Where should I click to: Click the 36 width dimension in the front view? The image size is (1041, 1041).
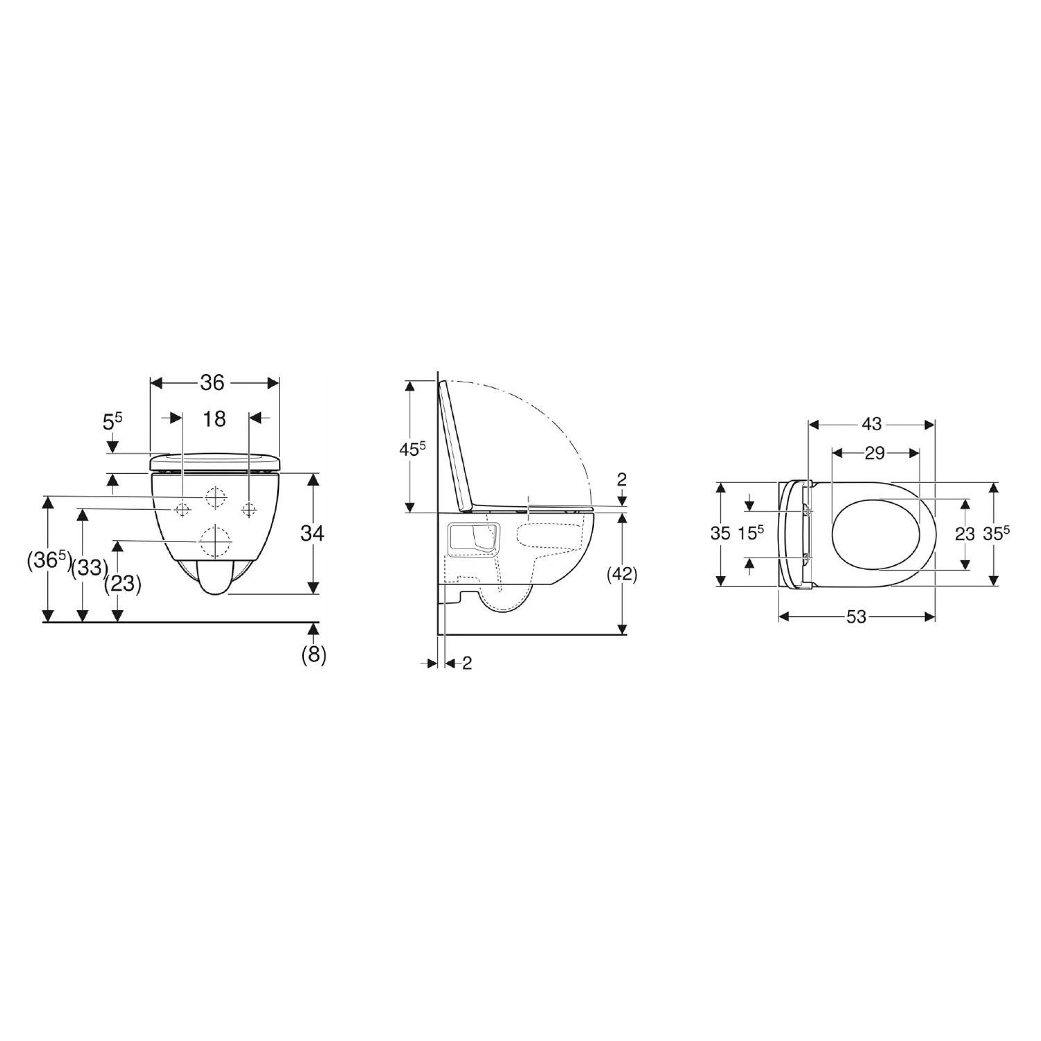click(212, 382)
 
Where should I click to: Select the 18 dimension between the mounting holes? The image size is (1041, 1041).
click(214, 418)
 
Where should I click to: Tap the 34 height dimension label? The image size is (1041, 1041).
click(312, 533)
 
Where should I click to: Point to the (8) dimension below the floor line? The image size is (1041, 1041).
click(314, 655)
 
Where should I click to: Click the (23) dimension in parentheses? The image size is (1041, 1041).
click(123, 584)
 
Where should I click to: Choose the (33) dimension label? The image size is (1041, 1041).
click(90, 568)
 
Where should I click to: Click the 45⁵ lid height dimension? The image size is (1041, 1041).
click(412, 449)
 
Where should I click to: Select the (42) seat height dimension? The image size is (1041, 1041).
click(622, 574)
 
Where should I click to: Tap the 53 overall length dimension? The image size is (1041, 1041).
click(856, 616)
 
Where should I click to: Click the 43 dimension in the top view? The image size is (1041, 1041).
click(872, 423)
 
